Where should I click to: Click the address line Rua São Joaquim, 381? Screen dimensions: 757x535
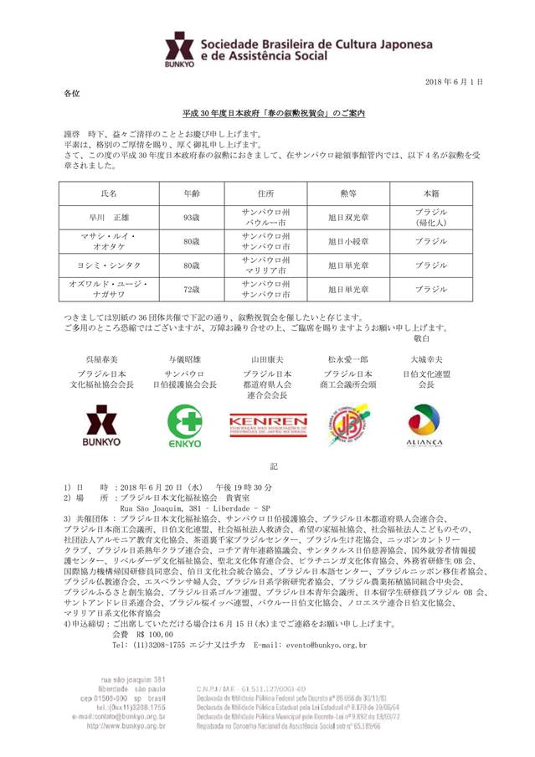[196, 508]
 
